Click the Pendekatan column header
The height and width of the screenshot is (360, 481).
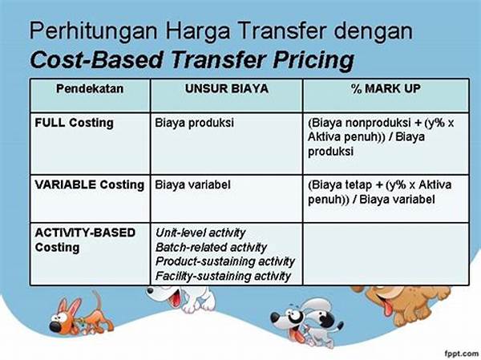(x=90, y=89)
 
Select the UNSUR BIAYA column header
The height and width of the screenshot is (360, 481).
(x=227, y=89)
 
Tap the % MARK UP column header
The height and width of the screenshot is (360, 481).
(x=386, y=89)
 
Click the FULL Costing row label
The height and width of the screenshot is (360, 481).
(x=74, y=123)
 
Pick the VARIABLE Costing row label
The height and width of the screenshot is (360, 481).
(x=90, y=184)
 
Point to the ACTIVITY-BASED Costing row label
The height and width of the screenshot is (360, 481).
(x=85, y=240)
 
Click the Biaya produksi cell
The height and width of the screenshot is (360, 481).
(x=194, y=123)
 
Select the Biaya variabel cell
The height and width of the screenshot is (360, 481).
(x=192, y=184)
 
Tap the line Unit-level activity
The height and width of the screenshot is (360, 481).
(x=200, y=233)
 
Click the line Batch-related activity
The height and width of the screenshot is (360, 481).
(x=211, y=247)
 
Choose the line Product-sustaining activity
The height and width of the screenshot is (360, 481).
(x=224, y=261)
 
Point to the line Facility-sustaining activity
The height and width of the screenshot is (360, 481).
(x=223, y=276)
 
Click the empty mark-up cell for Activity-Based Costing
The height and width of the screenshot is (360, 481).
(x=386, y=254)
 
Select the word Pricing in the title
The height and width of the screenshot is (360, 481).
(x=313, y=60)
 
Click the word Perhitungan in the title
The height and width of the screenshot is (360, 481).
(x=93, y=31)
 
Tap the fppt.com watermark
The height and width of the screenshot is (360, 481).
(x=461, y=354)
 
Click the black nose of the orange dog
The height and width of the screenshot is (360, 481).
(x=56, y=327)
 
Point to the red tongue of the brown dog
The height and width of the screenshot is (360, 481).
(x=388, y=308)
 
